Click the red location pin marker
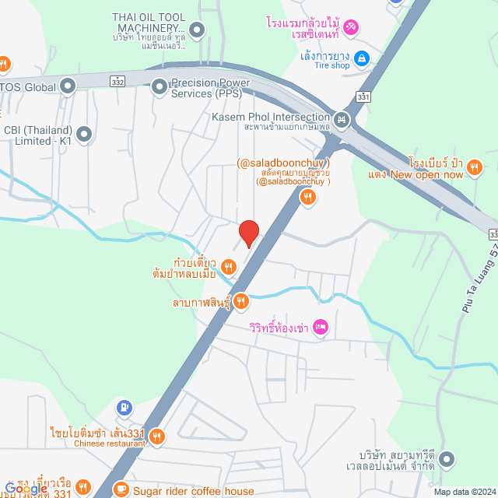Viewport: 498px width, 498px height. click(x=248, y=233)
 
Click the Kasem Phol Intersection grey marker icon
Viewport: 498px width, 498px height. click(x=341, y=120)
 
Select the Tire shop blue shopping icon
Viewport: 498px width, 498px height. click(x=361, y=58)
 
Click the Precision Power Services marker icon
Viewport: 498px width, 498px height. click(x=160, y=86)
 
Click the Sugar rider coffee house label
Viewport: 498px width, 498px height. click(x=194, y=491)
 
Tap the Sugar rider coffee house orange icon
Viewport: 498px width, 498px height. click(x=121, y=489)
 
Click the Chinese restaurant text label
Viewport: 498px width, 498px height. click(x=109, y=444)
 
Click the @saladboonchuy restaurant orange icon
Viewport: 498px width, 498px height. click(x=308, y=198)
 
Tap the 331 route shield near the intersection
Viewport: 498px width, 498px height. click(x=364, y=96)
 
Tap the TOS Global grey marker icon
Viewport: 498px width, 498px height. click(x=68, y=86)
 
